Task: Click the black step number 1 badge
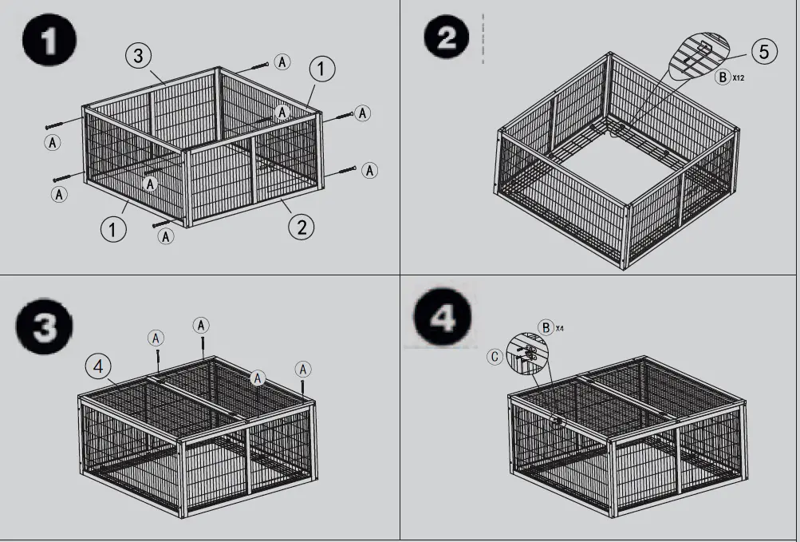point(49,42)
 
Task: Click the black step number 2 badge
point(447,38)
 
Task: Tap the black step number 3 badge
point(45,328)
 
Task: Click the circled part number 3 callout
point(138,55)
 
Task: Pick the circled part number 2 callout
point(301,227)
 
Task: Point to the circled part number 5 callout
point(763,52)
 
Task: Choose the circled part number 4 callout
point(98,366)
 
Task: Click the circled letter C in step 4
point(495,357)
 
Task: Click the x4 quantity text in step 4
point(560,328)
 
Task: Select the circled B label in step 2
point(722,77)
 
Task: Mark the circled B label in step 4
point(546,327)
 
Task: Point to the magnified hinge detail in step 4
point(527,352)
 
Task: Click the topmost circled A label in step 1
point(282,61)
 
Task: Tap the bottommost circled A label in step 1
point(166,236)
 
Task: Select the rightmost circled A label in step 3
point(303,369)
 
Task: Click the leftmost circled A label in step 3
point(156,338)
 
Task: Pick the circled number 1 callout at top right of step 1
point(321,69)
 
